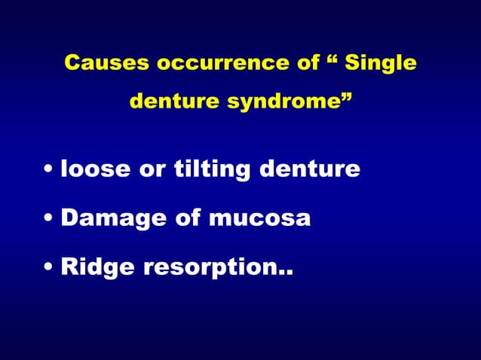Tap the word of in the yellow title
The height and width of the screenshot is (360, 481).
308,63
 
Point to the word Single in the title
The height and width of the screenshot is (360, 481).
381,63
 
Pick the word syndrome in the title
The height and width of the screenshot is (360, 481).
278,101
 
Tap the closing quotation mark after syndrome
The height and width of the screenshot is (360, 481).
345,96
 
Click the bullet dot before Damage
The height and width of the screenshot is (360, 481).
49,220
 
